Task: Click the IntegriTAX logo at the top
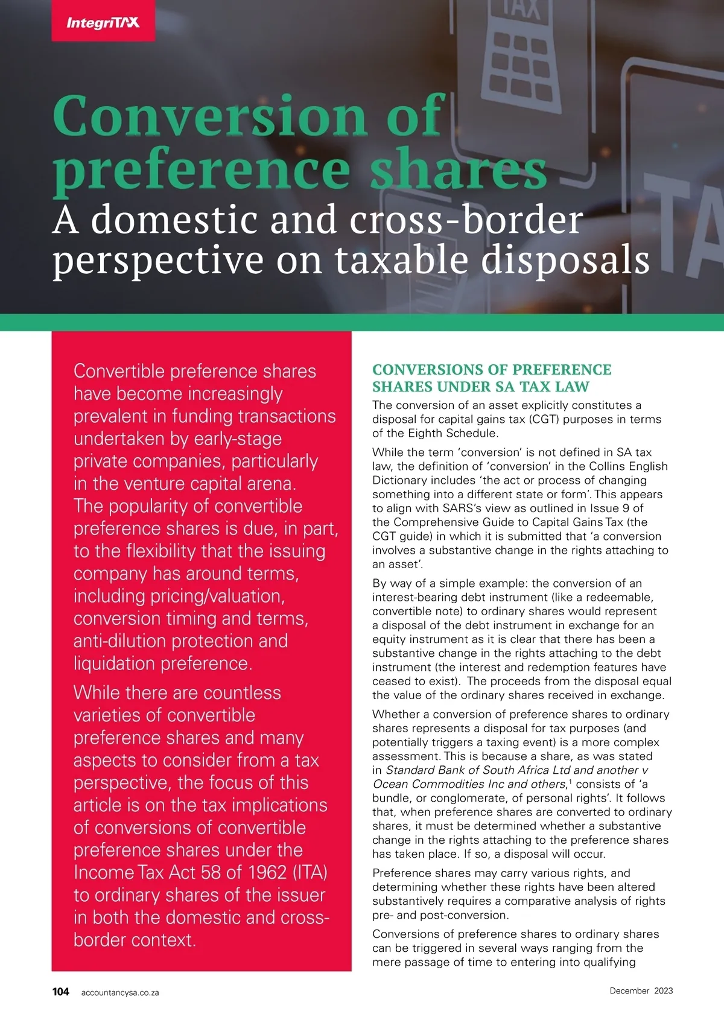103,23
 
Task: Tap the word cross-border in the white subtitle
466,220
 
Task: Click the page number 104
60,992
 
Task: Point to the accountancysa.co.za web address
120,992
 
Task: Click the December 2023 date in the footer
641,990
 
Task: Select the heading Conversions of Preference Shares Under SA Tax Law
492,378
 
